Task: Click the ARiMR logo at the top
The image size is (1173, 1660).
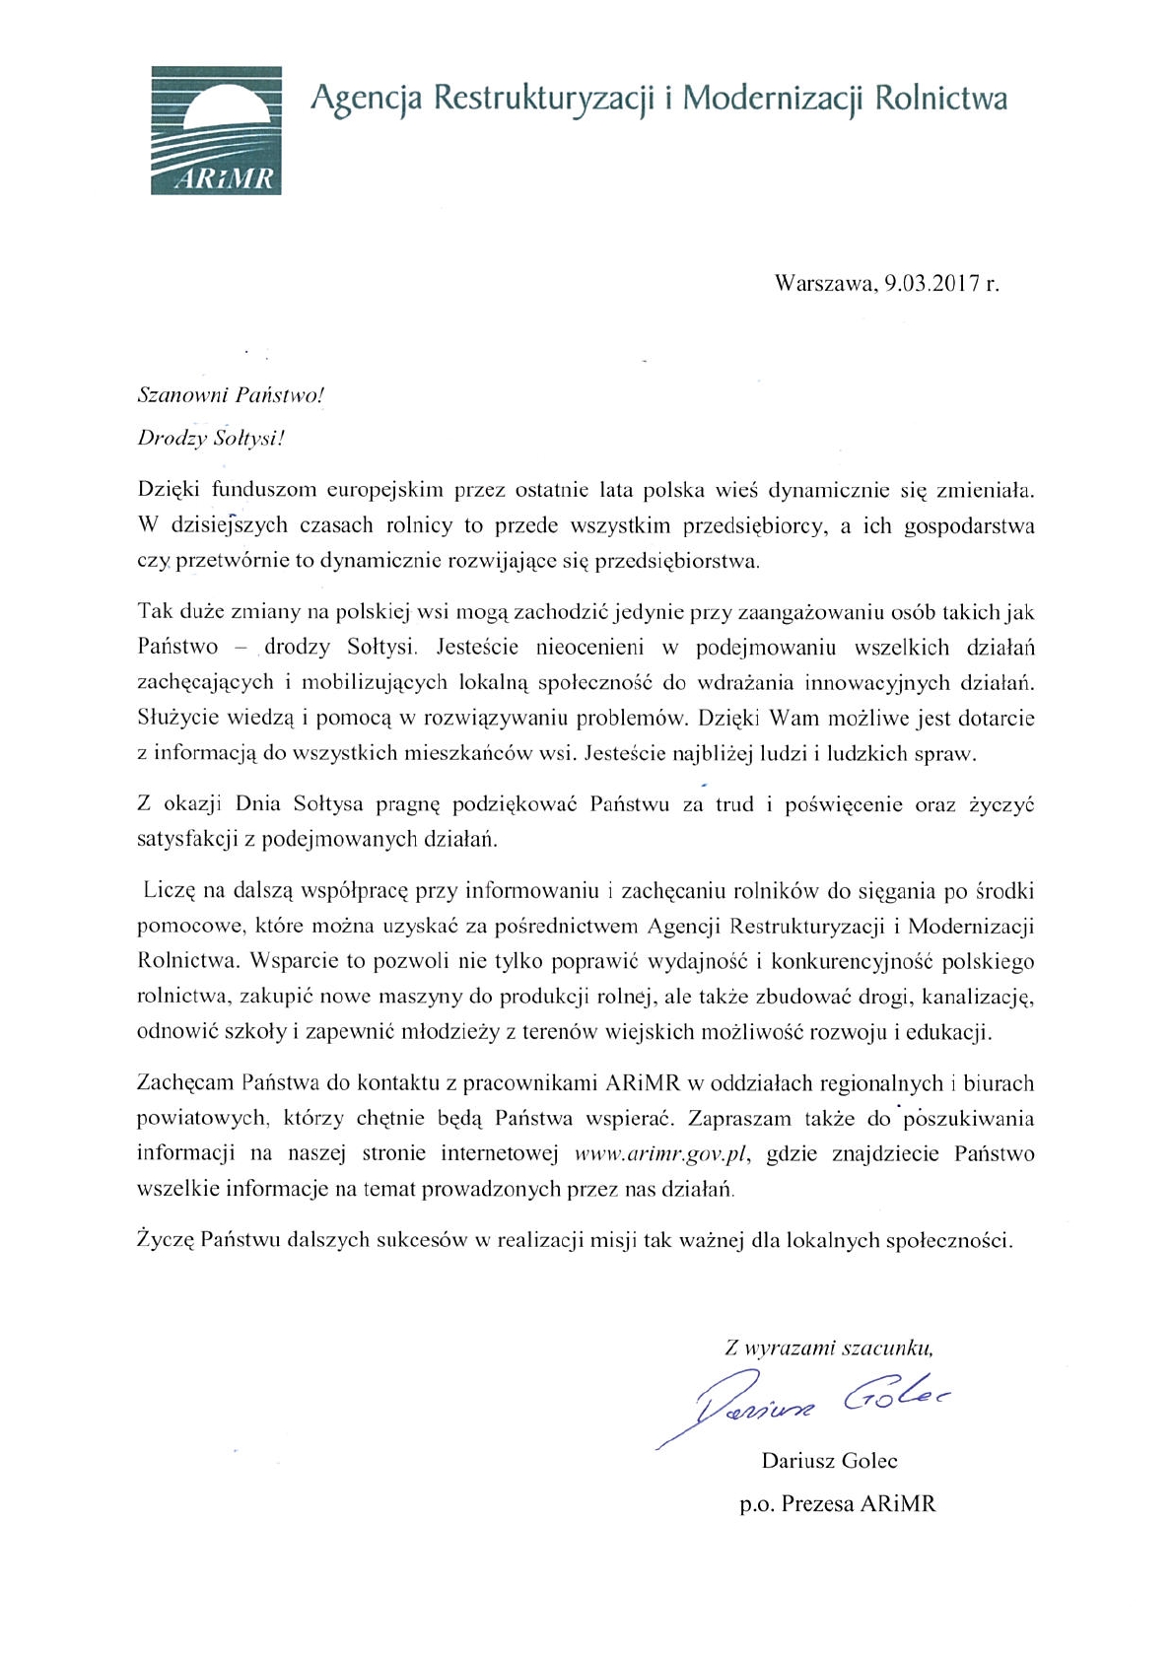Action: pos(216,130)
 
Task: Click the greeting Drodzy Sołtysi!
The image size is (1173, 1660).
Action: pos(210,438)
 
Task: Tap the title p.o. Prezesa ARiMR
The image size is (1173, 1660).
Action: pos(837,1504)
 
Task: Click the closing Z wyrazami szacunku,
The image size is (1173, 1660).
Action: pos(828,1348)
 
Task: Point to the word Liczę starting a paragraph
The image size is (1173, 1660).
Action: pos(170,891)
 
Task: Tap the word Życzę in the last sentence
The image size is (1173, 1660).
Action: pos(164,1240)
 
